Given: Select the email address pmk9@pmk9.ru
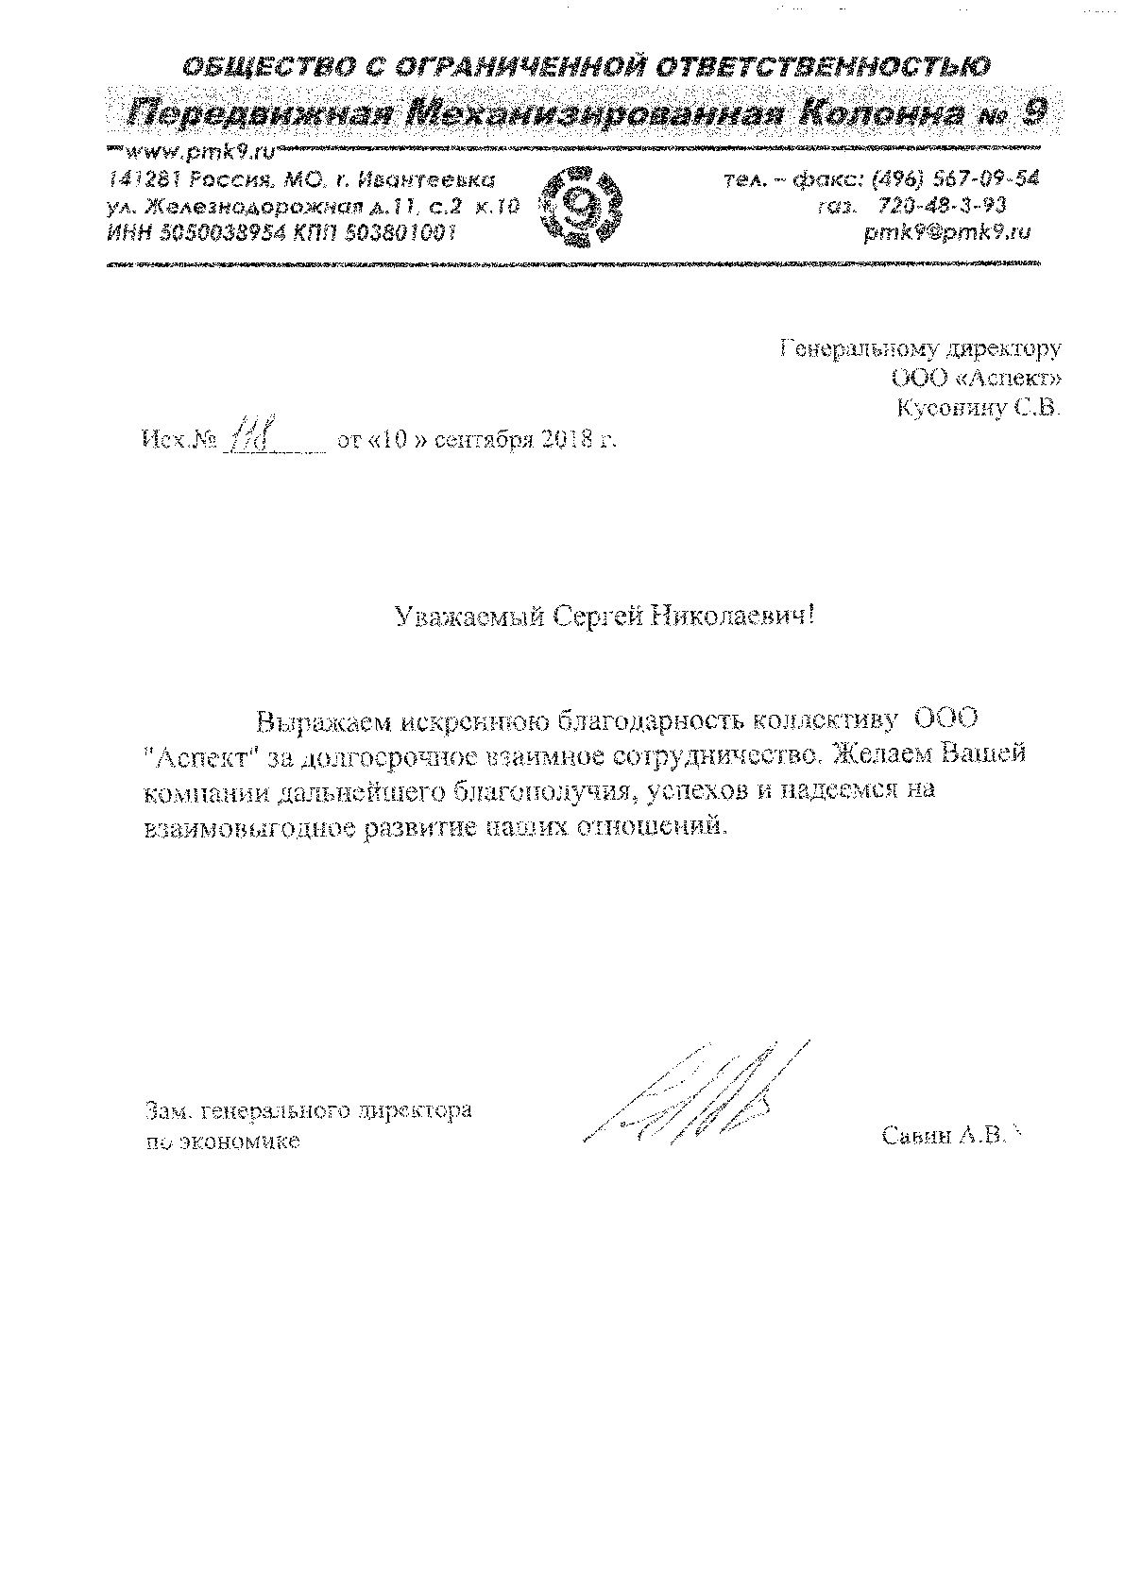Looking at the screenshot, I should pyautogui.click(x=947, y=232).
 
